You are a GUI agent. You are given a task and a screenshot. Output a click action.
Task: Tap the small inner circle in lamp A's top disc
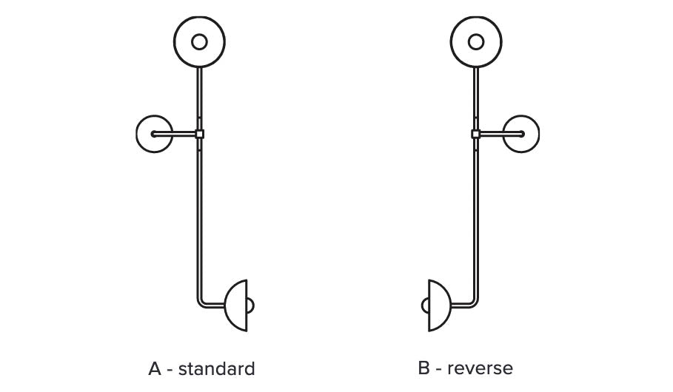click(199, 41)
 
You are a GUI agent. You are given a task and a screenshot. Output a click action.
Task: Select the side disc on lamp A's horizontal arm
click(146, 134)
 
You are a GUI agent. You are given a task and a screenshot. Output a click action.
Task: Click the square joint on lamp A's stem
click(199, 134)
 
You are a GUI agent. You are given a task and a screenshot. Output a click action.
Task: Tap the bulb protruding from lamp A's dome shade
click(250, 305)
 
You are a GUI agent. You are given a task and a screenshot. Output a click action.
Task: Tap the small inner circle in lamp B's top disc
click(476, 41)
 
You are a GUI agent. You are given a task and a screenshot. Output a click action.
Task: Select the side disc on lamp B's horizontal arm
click(529, 134)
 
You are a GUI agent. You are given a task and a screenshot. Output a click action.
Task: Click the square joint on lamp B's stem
click(475, 134)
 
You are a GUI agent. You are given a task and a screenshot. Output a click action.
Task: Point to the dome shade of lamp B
click(438, 305)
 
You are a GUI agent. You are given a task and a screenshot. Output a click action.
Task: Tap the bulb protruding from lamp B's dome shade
click(425, 305)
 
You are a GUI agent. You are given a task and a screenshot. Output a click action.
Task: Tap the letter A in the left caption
click(155, 368)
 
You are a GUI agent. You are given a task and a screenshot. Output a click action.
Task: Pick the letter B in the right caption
click(424, 368)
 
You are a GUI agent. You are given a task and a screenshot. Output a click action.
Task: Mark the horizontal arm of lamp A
click(176, 134)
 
